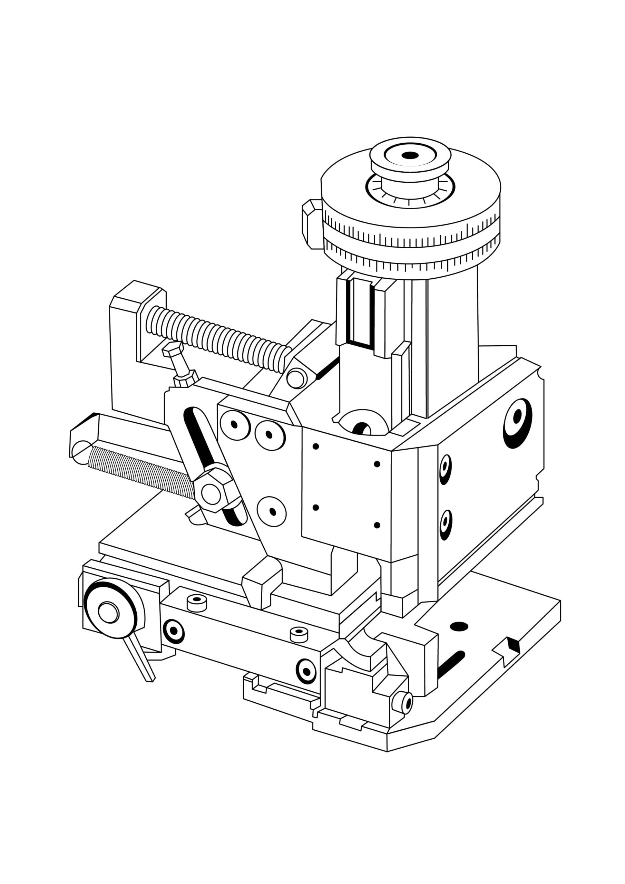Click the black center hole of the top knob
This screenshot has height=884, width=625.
tap(410, 155)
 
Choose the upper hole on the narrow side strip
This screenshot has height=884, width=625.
tap(445, 468)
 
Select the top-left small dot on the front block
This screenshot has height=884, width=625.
tap(315, 446)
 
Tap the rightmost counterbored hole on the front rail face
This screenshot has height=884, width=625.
tap(306, 671)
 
